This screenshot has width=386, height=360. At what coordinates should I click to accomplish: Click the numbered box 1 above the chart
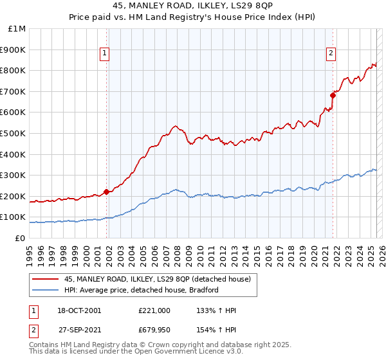[x=105, y=54]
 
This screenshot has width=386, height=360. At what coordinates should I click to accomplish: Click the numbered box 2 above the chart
[x=331, y=54]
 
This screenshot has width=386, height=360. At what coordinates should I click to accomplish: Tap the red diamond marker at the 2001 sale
[x=106, y=191]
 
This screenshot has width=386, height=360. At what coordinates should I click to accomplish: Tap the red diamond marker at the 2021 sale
[x=333, y=95]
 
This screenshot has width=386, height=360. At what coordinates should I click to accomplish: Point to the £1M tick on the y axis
[x=17, y=29]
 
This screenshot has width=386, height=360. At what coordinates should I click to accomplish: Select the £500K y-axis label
[x=14, y=133]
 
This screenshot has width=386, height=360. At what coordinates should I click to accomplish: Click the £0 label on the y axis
[x=20, y=238]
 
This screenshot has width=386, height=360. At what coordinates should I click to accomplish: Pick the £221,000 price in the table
[x=154, y=310]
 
